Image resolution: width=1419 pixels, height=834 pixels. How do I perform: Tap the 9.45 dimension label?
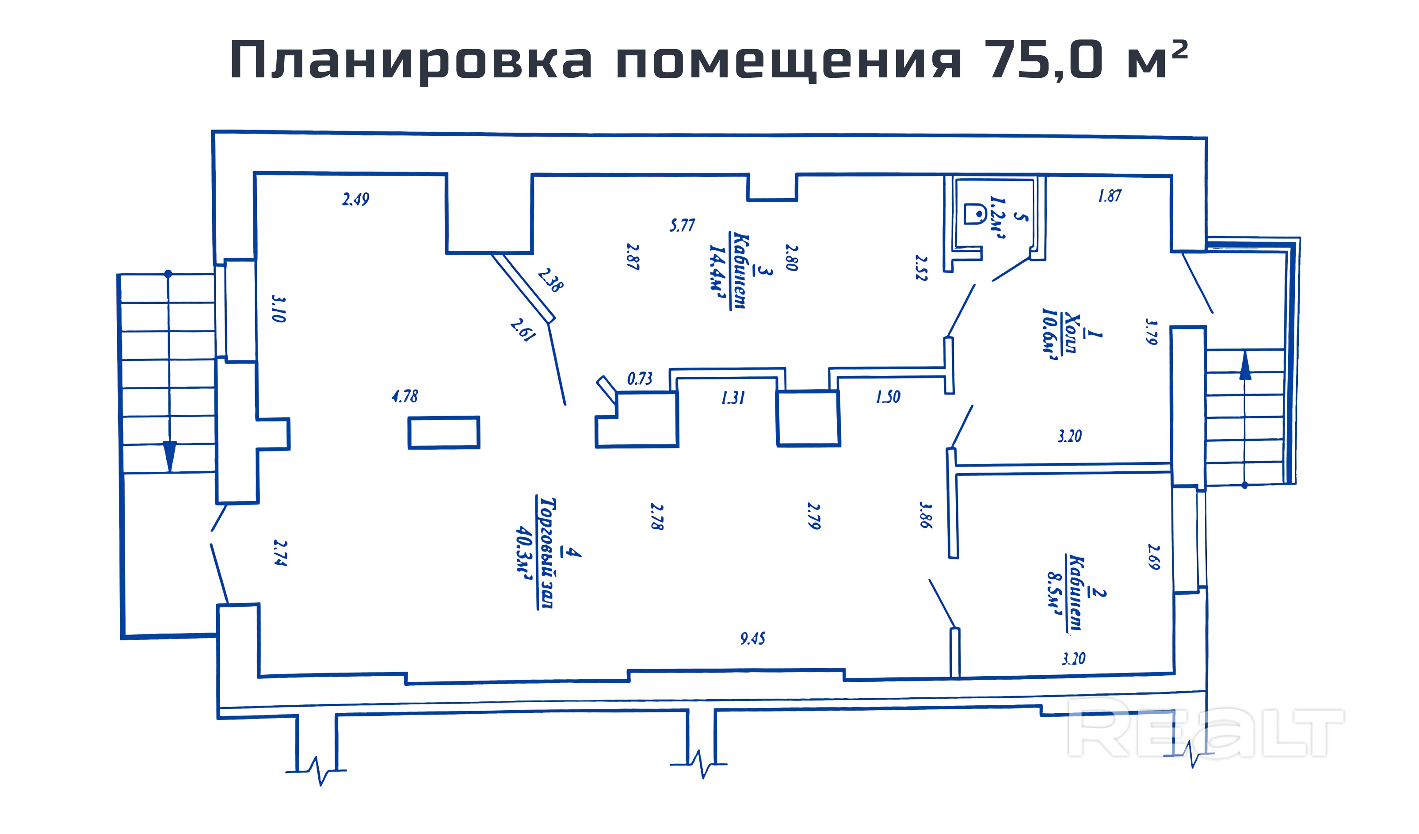tap(753, 638)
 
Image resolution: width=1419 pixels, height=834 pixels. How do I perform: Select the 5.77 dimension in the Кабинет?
tap(682, 225)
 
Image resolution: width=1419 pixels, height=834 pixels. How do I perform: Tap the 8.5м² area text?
tap(1055, 595)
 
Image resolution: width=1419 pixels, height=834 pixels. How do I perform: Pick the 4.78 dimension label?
tap(405, 396)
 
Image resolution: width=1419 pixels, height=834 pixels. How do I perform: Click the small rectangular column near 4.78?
tap(444, 432)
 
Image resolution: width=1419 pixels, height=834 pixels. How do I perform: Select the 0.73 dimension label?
tap(640, 379)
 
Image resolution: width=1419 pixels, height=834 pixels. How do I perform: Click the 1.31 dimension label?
tap(733, 398)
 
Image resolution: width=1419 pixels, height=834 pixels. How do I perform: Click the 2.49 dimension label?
tap(356, 199)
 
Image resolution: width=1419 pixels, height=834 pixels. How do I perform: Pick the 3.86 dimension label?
tap(924, 515)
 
